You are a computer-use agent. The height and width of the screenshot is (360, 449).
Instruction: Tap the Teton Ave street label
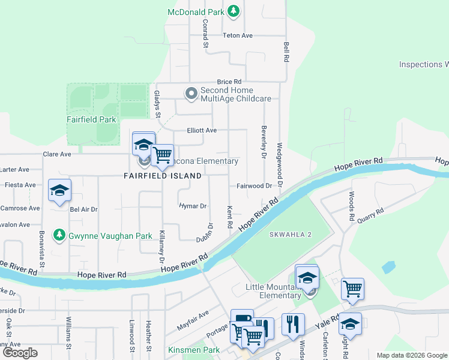point(238,35)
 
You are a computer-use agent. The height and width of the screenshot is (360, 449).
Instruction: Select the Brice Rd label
point(229,82)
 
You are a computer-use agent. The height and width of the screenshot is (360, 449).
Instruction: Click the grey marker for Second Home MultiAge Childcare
point(191,93)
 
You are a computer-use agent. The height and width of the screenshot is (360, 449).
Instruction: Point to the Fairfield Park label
point(91,119)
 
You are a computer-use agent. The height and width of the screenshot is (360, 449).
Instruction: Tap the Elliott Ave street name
point(202,130)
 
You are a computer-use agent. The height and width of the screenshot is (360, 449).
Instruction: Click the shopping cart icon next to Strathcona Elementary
point(162,155)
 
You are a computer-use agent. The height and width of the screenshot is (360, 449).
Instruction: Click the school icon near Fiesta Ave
point(59,191)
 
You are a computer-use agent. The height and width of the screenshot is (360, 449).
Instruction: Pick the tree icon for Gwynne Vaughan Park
point(59,236)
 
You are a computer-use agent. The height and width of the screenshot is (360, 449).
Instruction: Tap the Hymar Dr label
point(193,206)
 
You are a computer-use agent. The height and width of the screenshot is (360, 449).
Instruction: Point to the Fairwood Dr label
point(253,186)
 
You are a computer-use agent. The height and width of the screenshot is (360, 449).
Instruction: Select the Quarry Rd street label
point(371,215)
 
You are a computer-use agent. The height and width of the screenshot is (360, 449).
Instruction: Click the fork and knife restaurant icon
point(293,324)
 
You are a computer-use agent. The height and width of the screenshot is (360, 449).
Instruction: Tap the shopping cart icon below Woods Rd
point(352,289)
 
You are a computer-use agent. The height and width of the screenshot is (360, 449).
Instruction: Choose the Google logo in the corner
point(20,353)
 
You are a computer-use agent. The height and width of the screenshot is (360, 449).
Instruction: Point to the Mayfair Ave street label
point(193,320)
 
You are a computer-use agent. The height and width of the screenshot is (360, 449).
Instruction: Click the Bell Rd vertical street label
point(286,52)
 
